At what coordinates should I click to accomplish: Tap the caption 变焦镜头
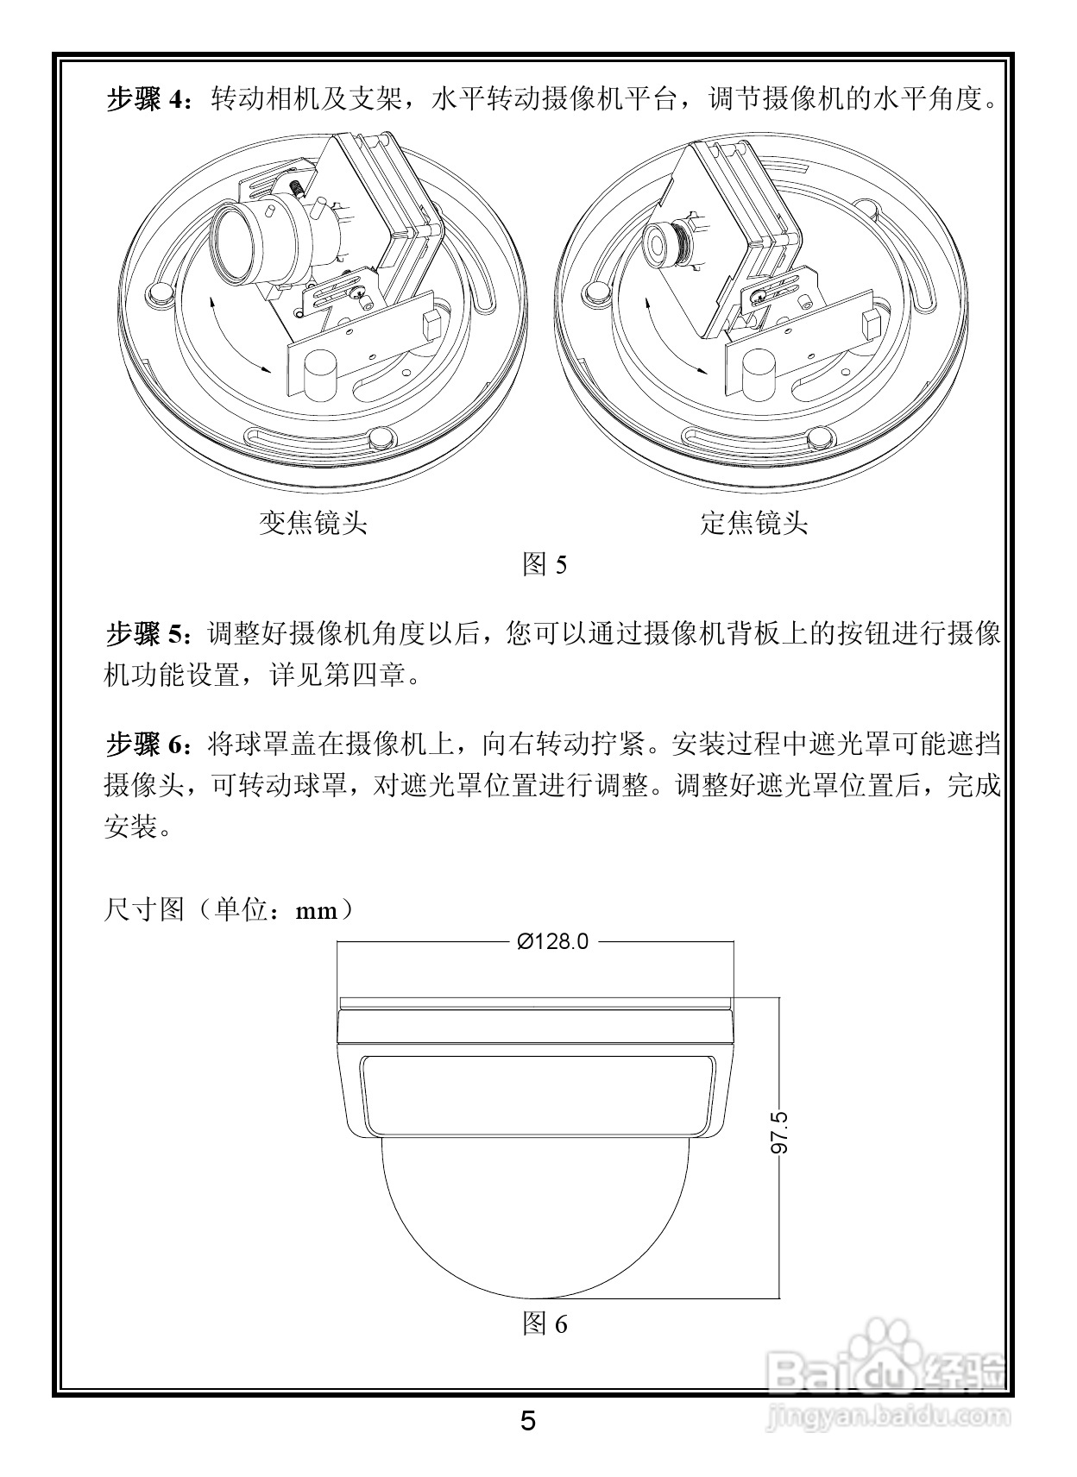pyautogui.click(x=313, y=523)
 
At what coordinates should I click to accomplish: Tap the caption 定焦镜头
pyautogui.click(x=754, y=523)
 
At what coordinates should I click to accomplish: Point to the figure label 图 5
pyautogui.click(x=545, y=565)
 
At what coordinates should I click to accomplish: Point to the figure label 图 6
pyautogui.click(x=545, y=1323)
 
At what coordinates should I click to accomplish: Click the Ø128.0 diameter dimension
pyautogui.click(x=552, y=941)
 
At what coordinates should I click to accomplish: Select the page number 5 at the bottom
pyautogui.click(x=528, y=1421)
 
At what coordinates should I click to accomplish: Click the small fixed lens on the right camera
pyautogui.click(x=662, y=244)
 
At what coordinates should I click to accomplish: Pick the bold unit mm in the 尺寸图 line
pyautogui.click(x=317, y=911)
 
